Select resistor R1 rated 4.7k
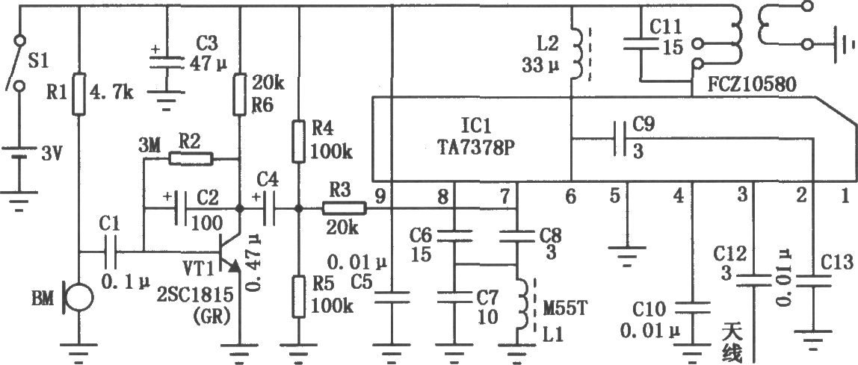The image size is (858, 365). point(79,93)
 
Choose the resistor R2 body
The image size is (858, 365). point(191,159)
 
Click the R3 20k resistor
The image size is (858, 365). point(344,208)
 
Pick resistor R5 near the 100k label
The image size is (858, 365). point(299,296)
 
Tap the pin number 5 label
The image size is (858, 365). point(616,195)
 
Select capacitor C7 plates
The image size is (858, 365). point(455,297)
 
